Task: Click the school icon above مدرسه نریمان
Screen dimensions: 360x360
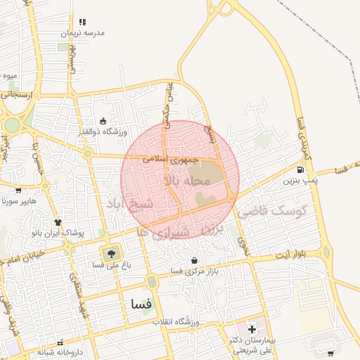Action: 83,22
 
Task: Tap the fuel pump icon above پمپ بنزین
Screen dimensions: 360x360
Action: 301,169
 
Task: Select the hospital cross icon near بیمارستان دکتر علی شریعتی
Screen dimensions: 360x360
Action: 252,329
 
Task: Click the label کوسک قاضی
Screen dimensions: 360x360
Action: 273,210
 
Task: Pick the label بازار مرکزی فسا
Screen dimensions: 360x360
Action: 195,271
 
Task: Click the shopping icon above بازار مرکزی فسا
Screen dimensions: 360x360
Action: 194,261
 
